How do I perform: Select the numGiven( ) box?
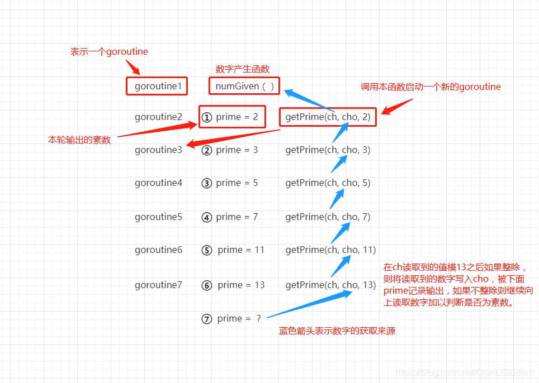pyautogui.click(x=244, y=86)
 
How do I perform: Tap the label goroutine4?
pyautogui.click(x=158, y=183)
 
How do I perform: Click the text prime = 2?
pyautogui.click(x=237, y=117)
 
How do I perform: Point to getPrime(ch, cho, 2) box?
pyautogui.click(x=328, y=117)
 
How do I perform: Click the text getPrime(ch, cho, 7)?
pyautogui.click(x=328, y=217)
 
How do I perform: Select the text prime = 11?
pyautogui.click(x=241, y=250)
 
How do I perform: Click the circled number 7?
pyautogui.click(x=207, y=319)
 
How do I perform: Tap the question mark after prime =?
pyautogui.click(x=258, y=319)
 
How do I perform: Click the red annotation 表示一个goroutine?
pyautogui.click(x=109, y=51)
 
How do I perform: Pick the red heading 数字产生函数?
pyautogui.click(x=243, y=69)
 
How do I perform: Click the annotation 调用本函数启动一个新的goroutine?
pyautogui.click(x=431, y=87)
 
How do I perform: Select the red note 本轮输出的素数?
pyautogui.click(x=79, y=140)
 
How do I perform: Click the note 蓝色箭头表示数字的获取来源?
pyautogui.click(x=337, y=331)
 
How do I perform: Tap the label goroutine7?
pyautogui.click(x=158, y=285)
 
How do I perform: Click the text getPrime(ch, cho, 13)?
pyautogui.click(x=330, y=285)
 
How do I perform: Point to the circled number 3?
pyautogui.click(x=207, y=183)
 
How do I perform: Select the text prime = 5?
pyautogui.click(x=237, y=183)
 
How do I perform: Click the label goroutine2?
pyautogui.click(x=158, y=117)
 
